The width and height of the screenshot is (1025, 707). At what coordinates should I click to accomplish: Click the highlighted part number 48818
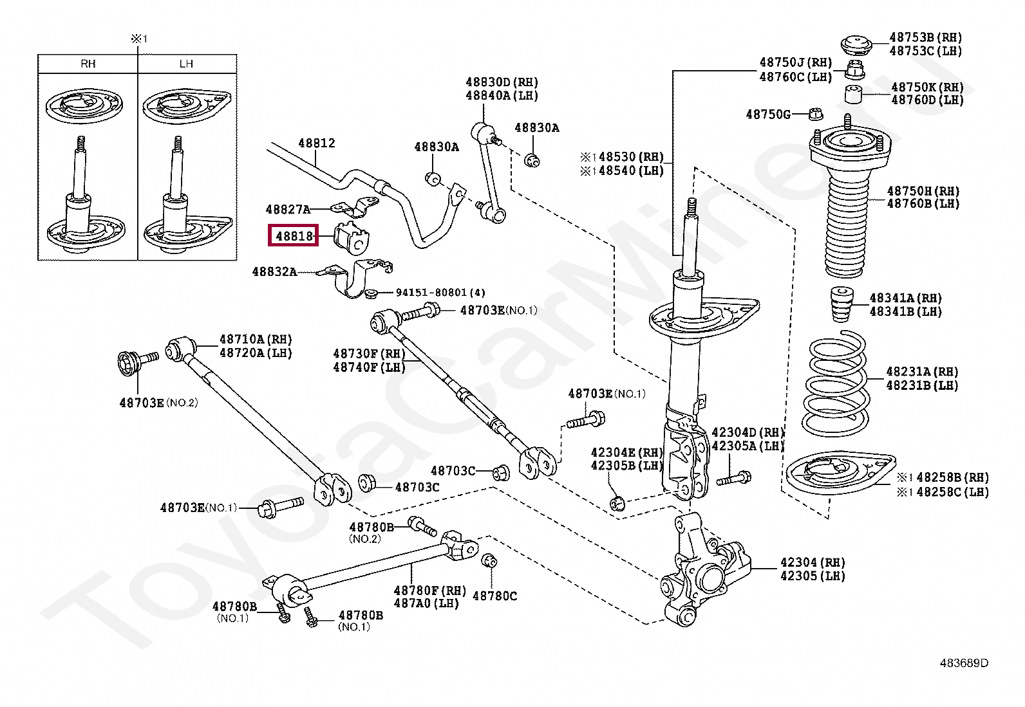tap(294, 236)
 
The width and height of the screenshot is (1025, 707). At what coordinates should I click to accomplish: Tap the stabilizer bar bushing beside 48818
tap(351, 237)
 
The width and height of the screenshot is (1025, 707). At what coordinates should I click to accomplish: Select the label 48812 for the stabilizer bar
tap(317, 143)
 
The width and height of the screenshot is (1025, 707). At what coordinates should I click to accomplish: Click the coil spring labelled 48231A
tap(834, 384)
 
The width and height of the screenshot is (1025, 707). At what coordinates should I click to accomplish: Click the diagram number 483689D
tap(964, 663)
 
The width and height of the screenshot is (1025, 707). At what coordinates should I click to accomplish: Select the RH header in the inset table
tap(88, 64)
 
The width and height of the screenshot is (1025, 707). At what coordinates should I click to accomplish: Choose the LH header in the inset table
tap(186, 64)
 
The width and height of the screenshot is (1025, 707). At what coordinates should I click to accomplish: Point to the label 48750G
tap(768, 114)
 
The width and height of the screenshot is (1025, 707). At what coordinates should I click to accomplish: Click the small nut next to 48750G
tap(816, 114)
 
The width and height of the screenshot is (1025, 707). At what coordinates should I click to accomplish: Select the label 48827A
tap(288, 210)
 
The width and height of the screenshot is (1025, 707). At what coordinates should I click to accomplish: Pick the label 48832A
tap(274, 271)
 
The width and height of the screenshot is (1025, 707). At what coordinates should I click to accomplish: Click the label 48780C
tap(494, 596)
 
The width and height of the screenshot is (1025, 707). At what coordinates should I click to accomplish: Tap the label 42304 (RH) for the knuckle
tap(813, 562)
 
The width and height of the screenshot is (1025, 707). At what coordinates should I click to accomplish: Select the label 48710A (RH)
tap(256, 339)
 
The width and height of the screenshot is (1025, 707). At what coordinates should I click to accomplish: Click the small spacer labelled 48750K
tap(853, 94)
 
